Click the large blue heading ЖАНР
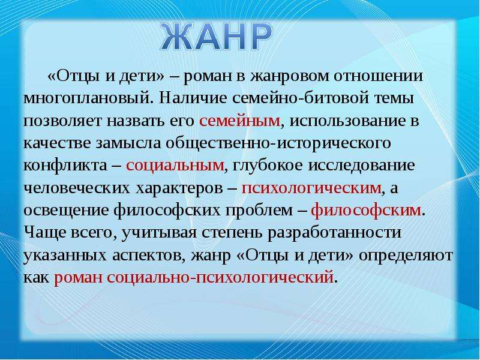point(217,37)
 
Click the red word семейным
point(239,121)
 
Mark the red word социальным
point(175,166)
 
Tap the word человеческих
point(77,188)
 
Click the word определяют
point(406,256)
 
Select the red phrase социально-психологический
point(220,278)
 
